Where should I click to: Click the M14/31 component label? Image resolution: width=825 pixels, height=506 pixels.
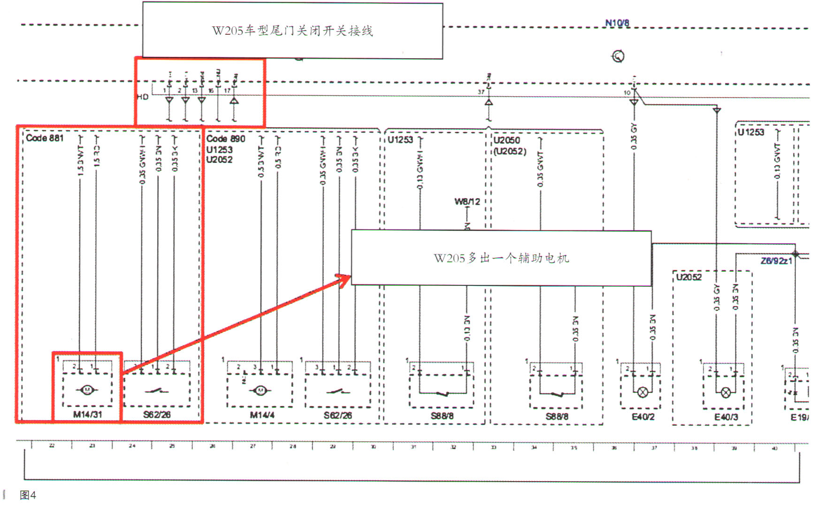[87, 414]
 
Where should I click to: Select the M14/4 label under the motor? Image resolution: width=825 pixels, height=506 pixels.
[262, 415]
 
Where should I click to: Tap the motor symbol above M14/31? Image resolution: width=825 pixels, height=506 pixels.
[87, 390]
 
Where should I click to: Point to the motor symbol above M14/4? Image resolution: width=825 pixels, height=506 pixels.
[260, 391]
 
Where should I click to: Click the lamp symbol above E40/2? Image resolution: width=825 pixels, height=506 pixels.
[642, 392]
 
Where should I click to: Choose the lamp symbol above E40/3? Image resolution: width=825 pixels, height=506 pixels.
[726, 393]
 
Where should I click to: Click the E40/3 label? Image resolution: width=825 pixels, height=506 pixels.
[726, 417]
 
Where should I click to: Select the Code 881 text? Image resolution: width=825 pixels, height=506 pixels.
[45, 138]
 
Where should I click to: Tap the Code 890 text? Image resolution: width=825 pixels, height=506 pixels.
[226, 139]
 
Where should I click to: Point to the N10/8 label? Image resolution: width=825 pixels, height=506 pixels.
[617, 23]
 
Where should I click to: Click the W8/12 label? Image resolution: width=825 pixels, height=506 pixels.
[467, 202]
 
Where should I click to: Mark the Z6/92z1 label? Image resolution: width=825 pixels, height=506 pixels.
[776, 261]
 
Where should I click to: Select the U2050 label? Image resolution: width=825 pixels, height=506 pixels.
[506, 140]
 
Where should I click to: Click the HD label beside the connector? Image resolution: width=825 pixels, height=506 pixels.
[143, 97]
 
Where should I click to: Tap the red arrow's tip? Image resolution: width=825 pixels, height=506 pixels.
[350, 276]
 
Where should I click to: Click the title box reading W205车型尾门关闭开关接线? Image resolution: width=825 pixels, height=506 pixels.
[292, 31]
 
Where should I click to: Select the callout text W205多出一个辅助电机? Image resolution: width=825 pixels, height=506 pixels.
[501, 258]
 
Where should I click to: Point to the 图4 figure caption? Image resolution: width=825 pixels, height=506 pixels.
[28, 495]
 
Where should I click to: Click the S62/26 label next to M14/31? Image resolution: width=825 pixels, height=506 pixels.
[157, 414]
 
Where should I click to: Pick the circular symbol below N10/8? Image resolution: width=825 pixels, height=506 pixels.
[618, 57]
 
